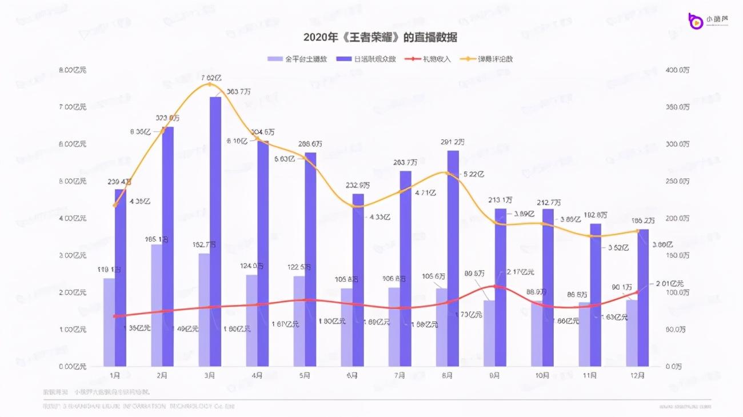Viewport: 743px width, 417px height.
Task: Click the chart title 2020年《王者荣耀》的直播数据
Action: (x=380, y=37)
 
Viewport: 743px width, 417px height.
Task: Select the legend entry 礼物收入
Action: (x=436, y=59)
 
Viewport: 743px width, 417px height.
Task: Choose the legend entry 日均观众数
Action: (x=374, y=59)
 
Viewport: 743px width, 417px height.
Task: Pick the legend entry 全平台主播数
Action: (x=305, y=59)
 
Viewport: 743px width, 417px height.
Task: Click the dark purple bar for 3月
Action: (x=215, y=231)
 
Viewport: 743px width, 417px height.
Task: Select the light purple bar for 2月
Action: (x=157, y=305)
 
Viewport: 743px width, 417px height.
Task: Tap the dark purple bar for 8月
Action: (x=453, y=258)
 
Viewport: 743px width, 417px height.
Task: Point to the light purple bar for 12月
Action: (x=632, y=333)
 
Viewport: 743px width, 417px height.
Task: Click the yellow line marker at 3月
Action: (x=209, y=85)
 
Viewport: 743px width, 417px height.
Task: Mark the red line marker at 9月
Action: (x=495, y=286)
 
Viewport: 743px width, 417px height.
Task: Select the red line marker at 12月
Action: (x=637, y=292)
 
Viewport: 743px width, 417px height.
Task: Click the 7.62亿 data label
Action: (x=211, y=77)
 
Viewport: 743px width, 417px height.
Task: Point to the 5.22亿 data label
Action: (x=473, y=174)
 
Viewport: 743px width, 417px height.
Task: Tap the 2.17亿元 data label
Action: (x=520, y=272)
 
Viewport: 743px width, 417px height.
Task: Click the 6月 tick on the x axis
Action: (x=352, y=375)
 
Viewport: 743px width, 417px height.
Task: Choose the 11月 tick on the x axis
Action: (x=589, y=375)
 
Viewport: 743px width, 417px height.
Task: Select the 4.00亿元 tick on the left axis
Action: (x=74, y=218)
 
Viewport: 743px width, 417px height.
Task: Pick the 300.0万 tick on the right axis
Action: (x=677, y=144)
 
